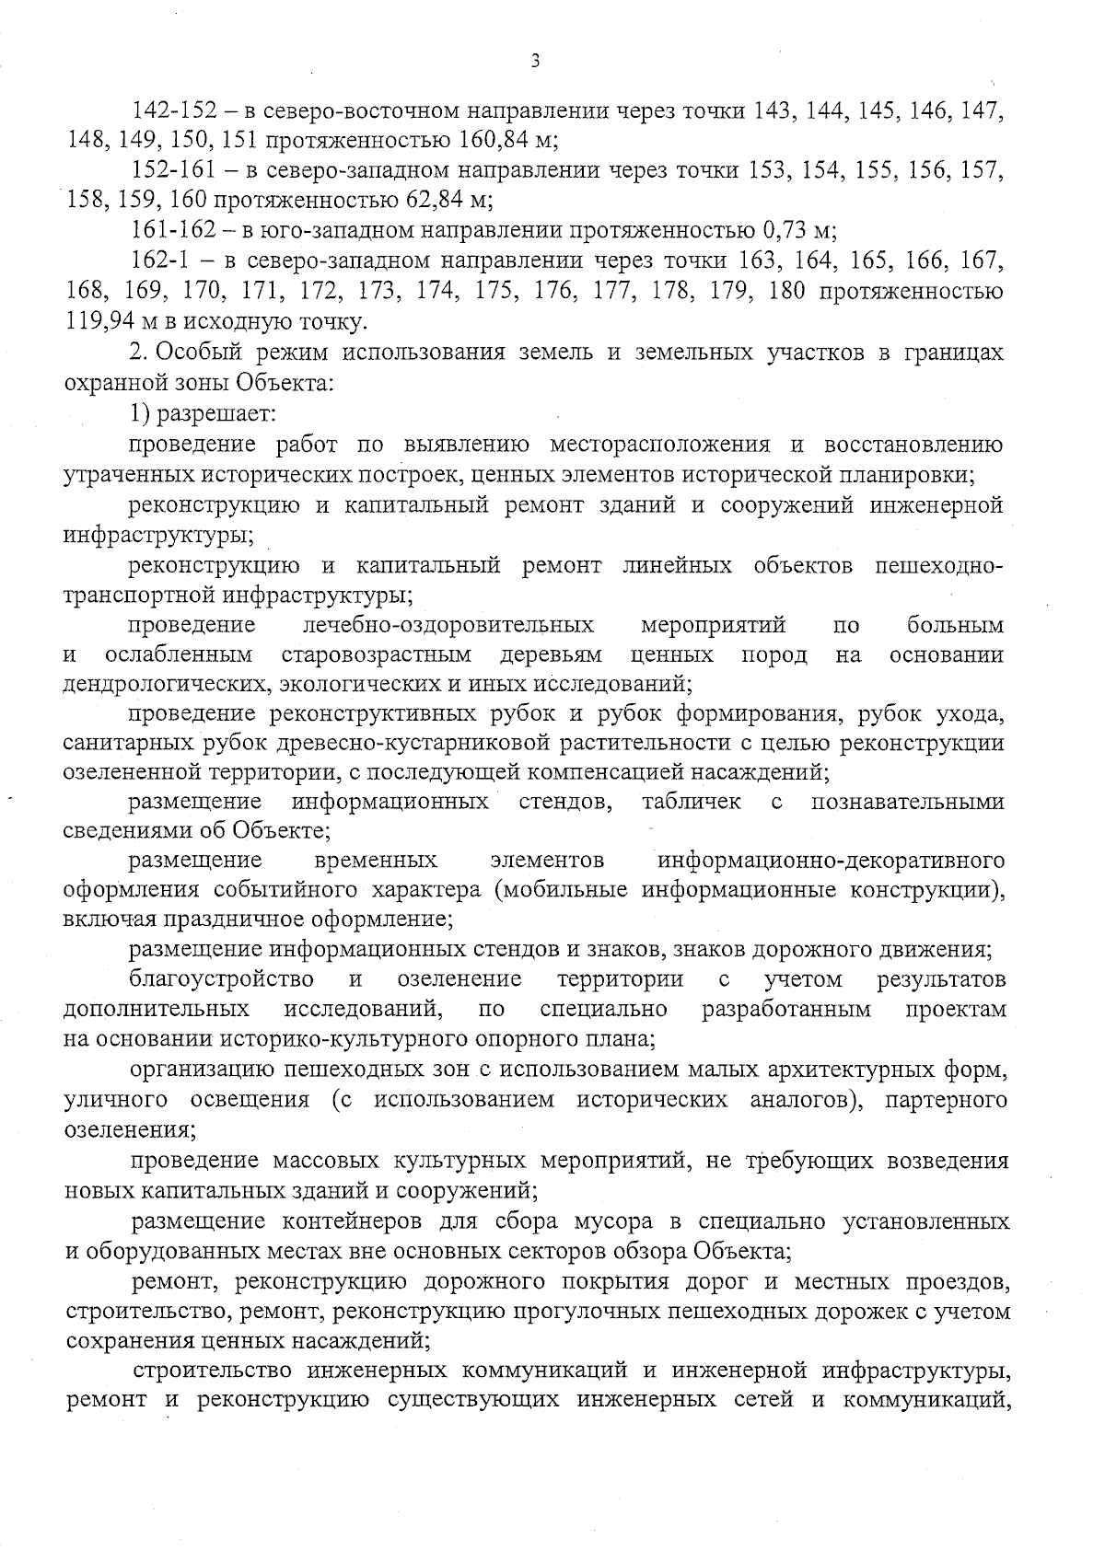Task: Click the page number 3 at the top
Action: [536, 62]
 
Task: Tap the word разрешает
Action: [217, 413]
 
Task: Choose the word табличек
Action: [692, 802]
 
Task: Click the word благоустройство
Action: [221, 978]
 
